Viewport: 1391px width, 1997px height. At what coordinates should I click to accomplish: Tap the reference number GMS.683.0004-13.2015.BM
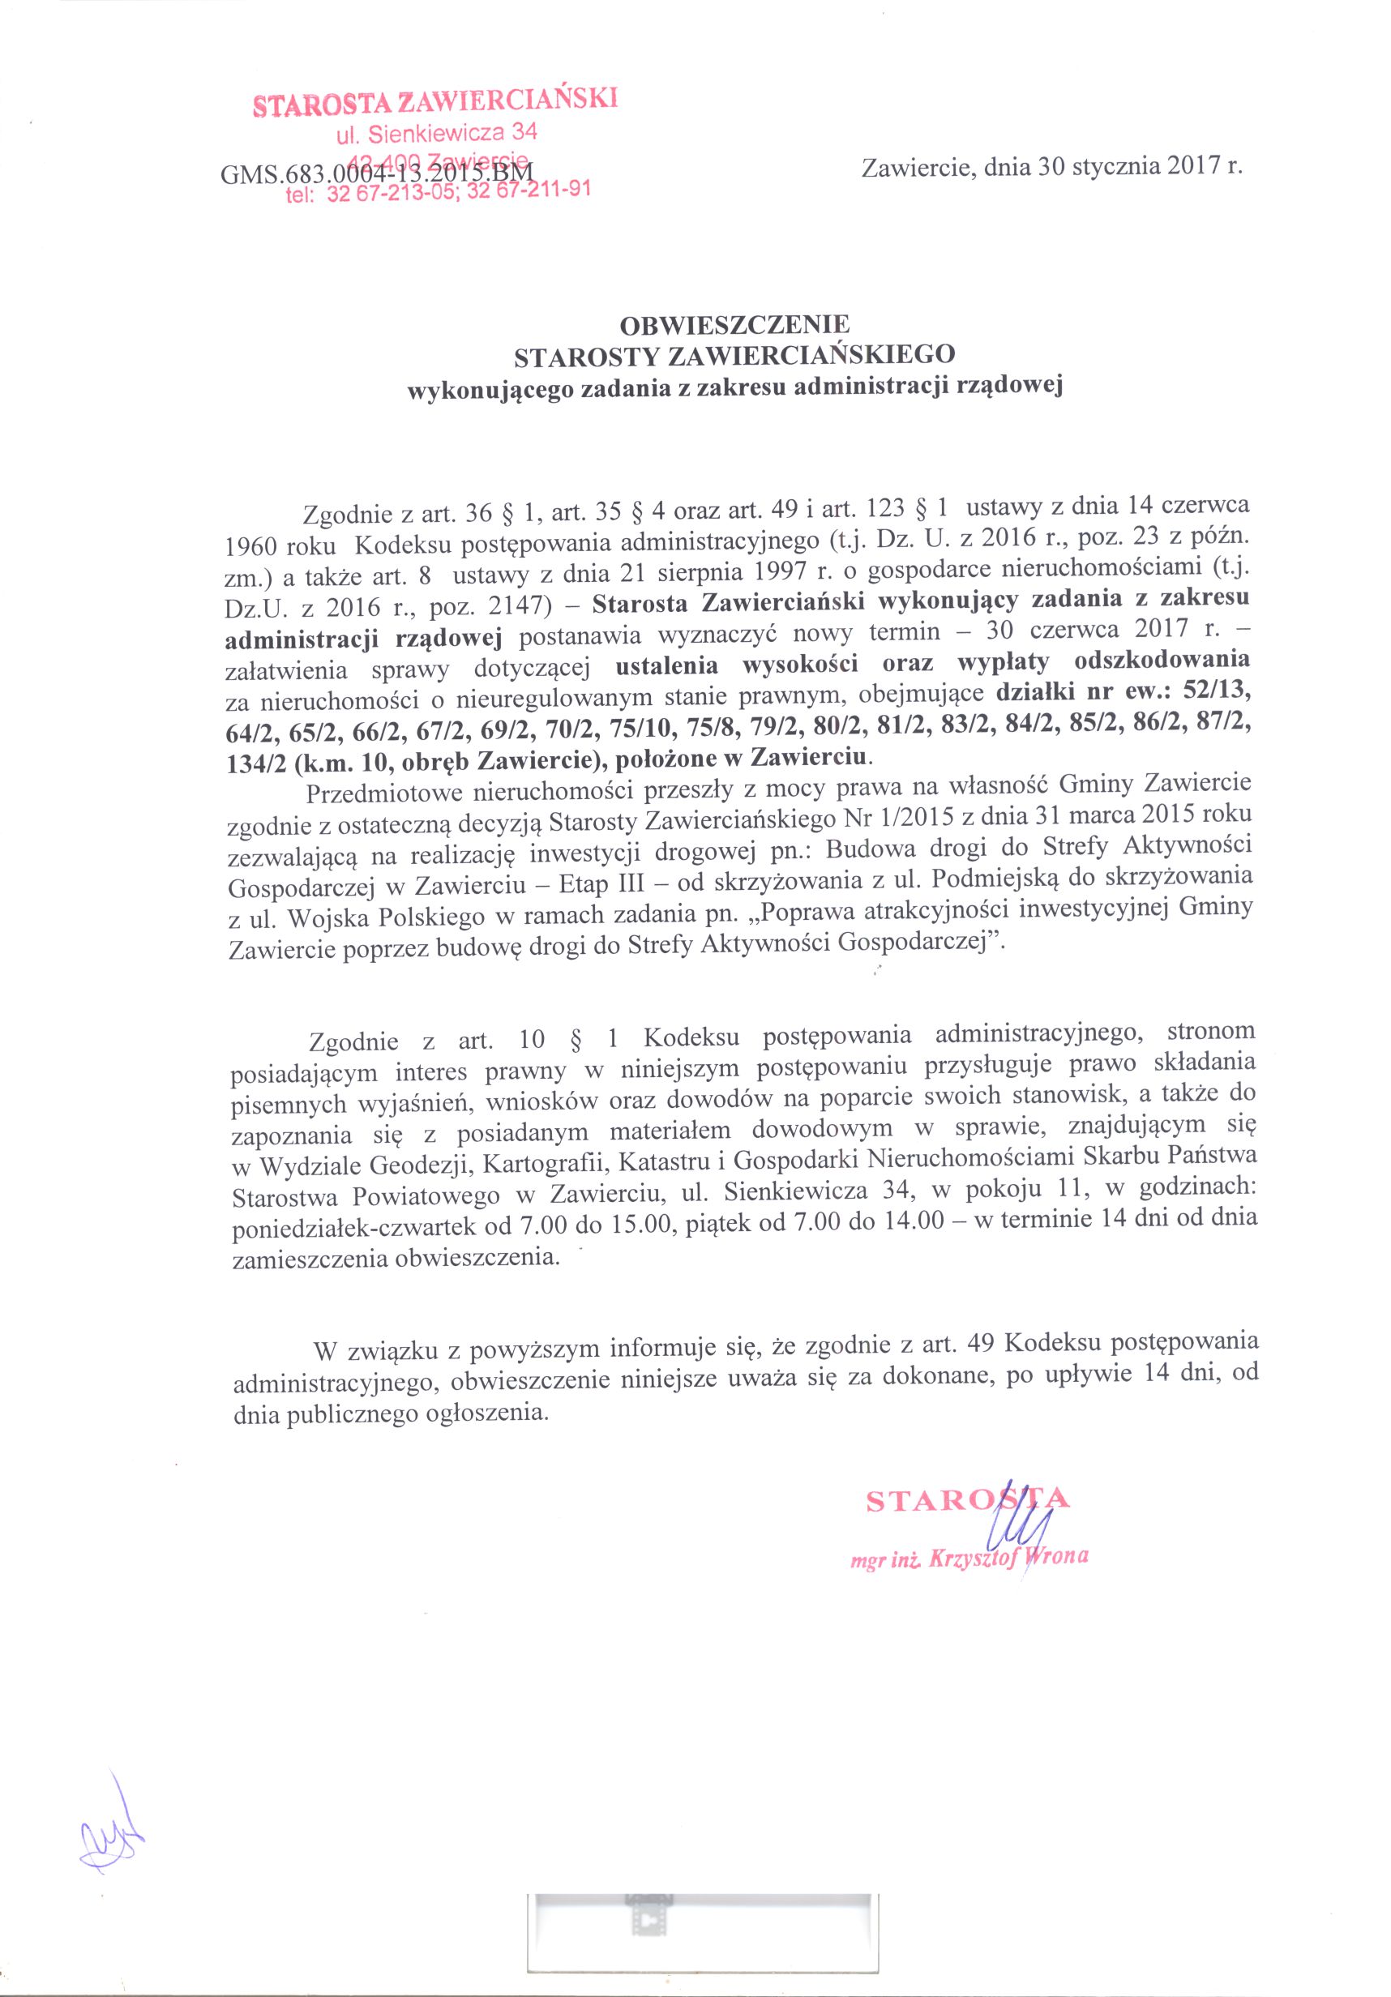pos(378,173)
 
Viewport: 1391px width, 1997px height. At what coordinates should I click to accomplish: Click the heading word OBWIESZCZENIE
pos(734,325)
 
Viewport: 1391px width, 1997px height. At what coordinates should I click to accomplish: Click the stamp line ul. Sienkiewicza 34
pos(437,134)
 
